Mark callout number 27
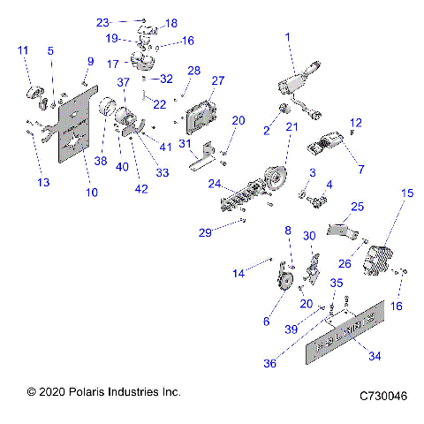pos(218,80)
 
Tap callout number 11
pos(22,51)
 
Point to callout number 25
pos(357,207)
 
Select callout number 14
pos(238,275)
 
